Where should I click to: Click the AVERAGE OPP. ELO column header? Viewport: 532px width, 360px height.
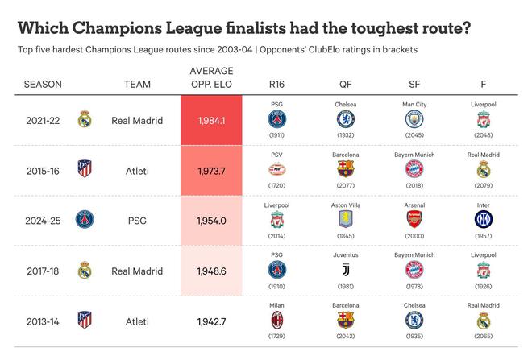(211, 77)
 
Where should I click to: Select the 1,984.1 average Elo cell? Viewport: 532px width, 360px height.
(211, 121)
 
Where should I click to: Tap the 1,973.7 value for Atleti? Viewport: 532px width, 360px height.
(211, 171)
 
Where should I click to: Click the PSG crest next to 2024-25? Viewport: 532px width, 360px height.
(84, 219)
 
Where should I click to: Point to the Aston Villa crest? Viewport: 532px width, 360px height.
(346, 218)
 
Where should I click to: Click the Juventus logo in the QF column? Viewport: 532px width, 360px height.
(346, 269)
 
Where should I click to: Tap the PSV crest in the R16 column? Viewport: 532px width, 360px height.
(277, 168)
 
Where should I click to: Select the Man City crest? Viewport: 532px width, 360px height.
(414, 118)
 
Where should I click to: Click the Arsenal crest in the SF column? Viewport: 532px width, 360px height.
(414, 218)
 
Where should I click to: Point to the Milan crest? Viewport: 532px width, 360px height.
(277, 319)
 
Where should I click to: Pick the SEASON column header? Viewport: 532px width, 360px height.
(43, 85)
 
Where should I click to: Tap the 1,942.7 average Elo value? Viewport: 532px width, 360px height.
(211, 321)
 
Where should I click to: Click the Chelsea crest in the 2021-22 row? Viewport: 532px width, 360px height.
(346, 118)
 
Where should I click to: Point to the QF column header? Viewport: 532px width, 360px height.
(346, 85)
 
